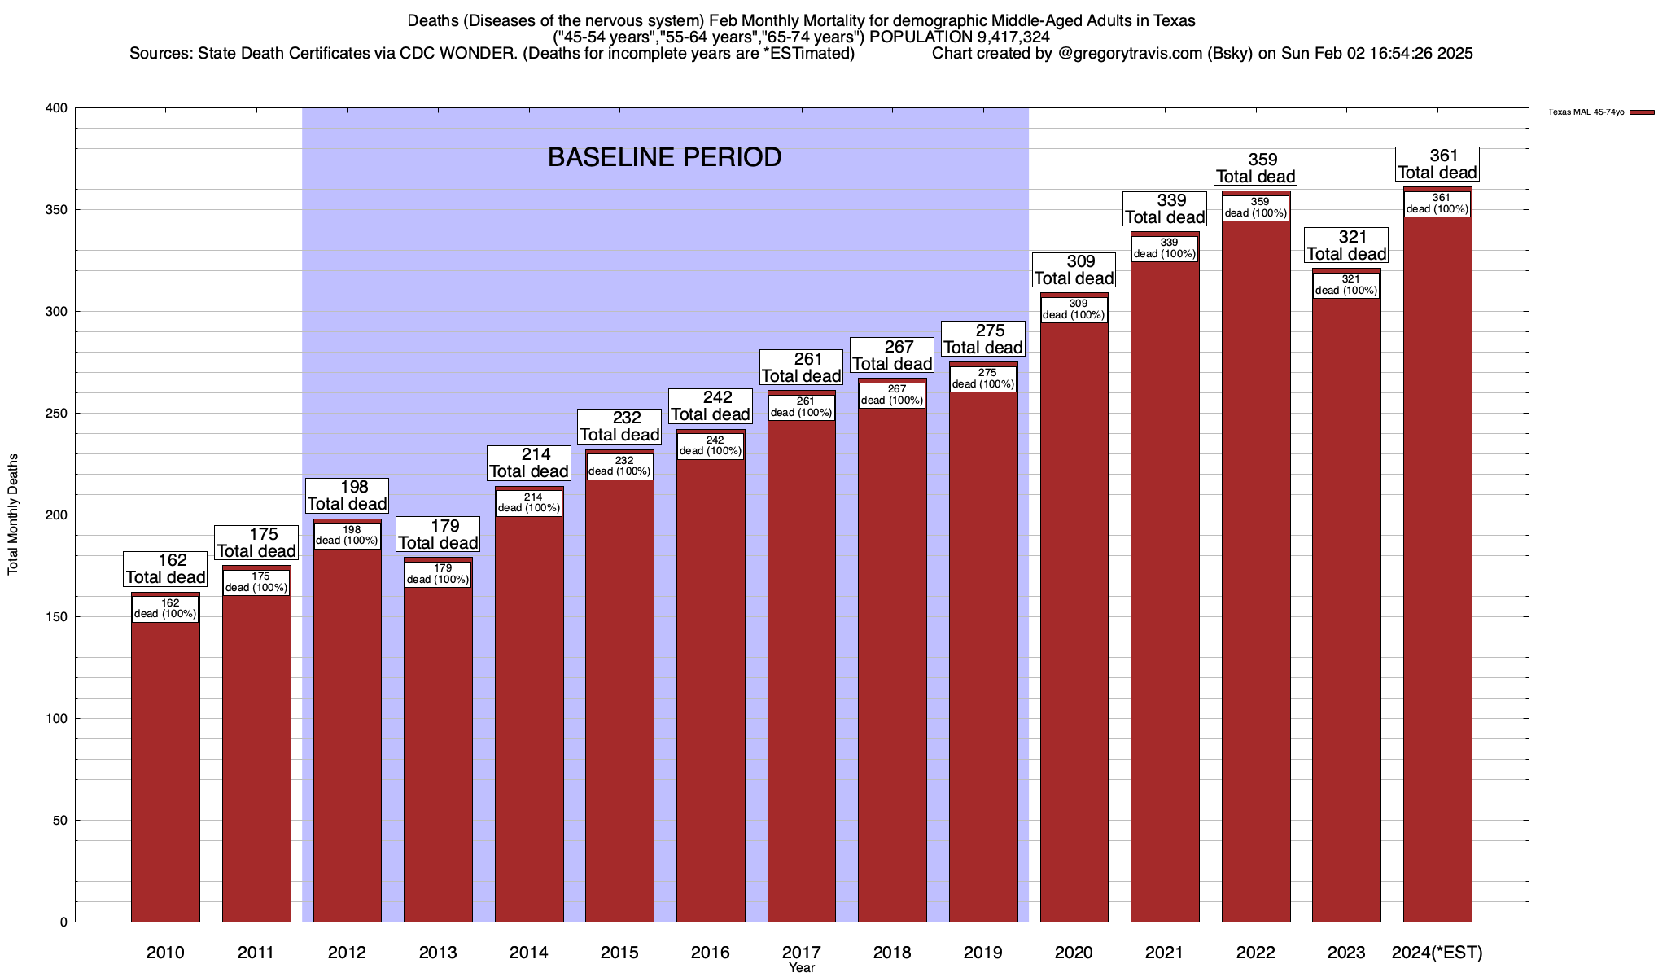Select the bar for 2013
coord(438,749)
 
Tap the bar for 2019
coord(983,651)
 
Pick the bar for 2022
coord(1256,570)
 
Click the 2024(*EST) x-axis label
coord(1437,952)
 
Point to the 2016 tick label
coord(711,952)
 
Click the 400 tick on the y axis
coord(57,108)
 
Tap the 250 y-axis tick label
coord(57,414)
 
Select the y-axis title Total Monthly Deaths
coord(13,515)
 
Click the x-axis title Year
coord(802,968)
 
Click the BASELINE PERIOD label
coord(664,157)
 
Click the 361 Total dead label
coord(1437,164)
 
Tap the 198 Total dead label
coord(347,495)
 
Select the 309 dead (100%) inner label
coord(1074,309)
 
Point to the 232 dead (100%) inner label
coord(619,466)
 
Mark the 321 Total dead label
coord(1346,245)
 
